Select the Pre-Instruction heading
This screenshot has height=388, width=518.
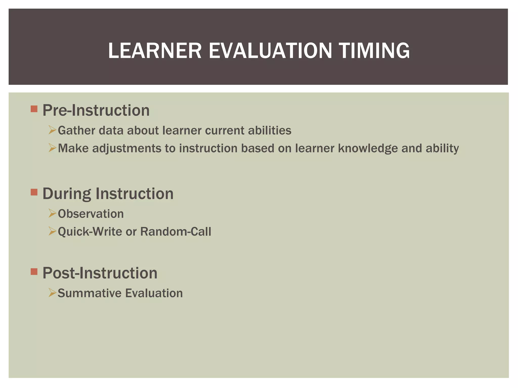pos(96,110)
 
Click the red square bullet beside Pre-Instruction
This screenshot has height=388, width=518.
pos(34,109)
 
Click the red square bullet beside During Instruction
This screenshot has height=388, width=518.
pos(34,192)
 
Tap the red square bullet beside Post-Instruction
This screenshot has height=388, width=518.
pos(34,272)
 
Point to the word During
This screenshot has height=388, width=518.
pos(67,194)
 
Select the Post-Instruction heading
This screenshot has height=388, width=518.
pos(100,273)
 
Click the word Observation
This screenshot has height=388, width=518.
pos(91,214)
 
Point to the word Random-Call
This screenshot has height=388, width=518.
pos(176,232)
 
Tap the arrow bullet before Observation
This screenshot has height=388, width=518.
pos(52,213)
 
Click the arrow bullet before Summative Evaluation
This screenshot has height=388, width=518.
pos(52,293)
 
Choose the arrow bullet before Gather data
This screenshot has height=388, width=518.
pos(52,130)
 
